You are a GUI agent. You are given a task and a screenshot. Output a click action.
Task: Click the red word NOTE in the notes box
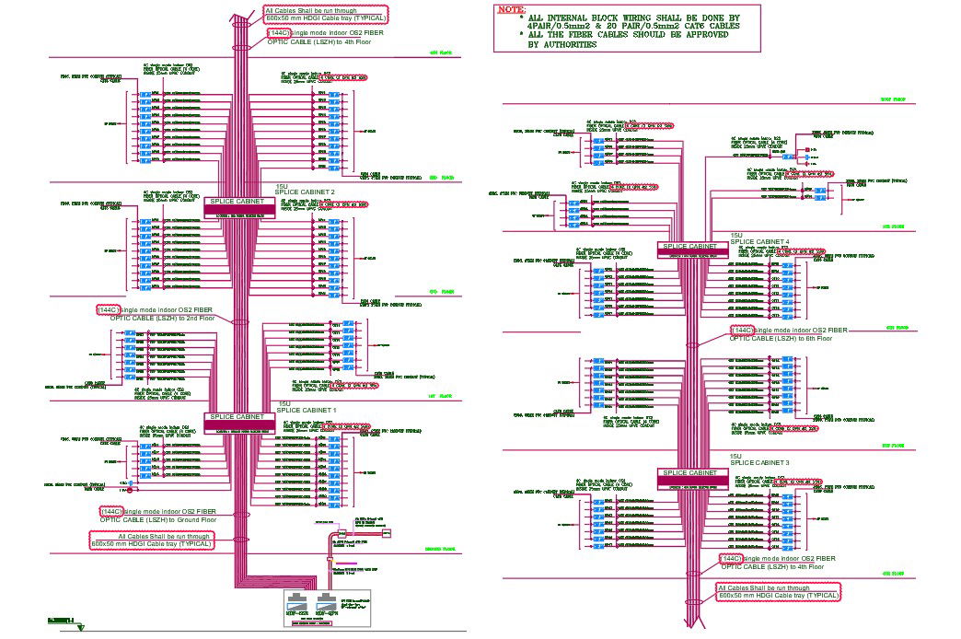(x=511, y=9)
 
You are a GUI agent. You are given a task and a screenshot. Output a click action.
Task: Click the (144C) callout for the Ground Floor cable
(x=111, y=511)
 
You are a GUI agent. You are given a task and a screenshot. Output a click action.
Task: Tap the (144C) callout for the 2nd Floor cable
(x=108, y=310)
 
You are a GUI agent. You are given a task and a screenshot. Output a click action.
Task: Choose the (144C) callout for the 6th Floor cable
(x=741, y=330)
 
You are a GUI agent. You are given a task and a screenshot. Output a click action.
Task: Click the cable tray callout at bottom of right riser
(x=778, y=591)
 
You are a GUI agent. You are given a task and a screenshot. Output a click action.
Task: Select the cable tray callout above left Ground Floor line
(x=152, y=540)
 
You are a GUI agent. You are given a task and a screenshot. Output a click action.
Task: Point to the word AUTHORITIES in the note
(x=562, y=44)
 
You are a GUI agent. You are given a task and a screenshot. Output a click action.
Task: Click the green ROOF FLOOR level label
(x=892, y=98)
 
